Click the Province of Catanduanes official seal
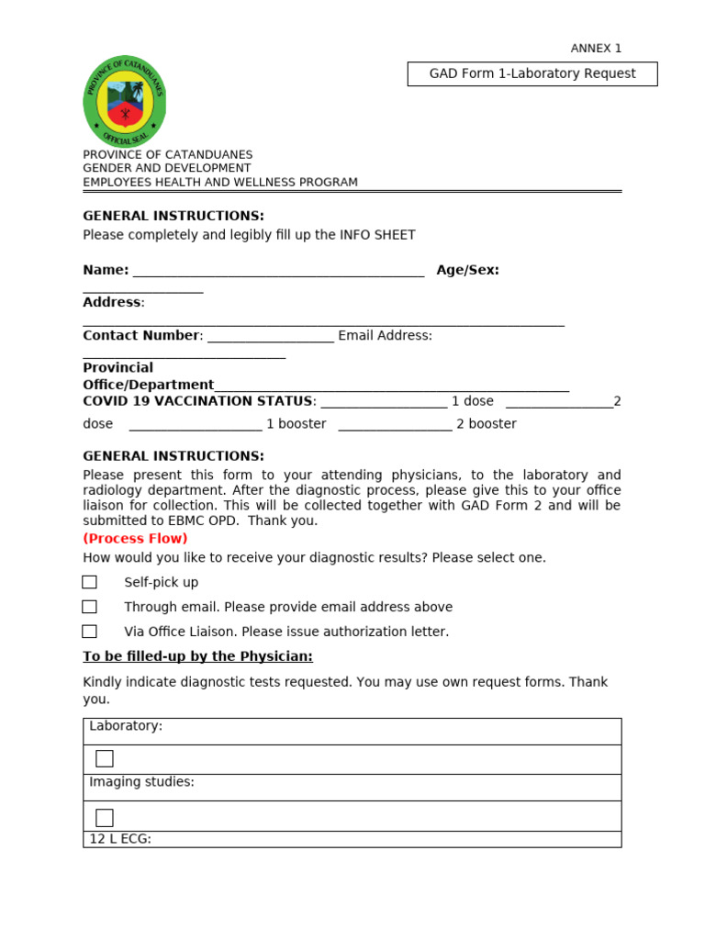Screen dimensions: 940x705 pos(124,101)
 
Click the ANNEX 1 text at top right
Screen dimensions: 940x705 pos(596,49)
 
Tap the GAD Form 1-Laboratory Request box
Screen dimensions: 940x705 pos(532,74)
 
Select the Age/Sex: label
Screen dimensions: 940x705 pos(467,270)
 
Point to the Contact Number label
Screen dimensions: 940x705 pos(141,336)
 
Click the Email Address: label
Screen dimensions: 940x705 pos(385,336)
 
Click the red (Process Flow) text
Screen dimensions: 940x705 pos(135,539)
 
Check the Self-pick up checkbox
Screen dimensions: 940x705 pos(89,582)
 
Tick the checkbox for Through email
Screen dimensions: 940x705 pos(89,607)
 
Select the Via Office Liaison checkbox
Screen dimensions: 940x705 pos(89,632)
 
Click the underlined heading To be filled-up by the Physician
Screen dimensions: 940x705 pos(197,656)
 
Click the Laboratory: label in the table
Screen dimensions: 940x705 pos(126,726)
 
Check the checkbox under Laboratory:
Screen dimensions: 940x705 pos(105,758)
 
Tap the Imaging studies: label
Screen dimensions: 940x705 pos(141,782)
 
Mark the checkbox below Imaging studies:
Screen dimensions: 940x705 pos(105,817)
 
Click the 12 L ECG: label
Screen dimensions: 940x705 pos(120,839)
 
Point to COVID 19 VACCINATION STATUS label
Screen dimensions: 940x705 pos(197,401)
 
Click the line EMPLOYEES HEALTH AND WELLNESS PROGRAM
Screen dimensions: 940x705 pos(220,183)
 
